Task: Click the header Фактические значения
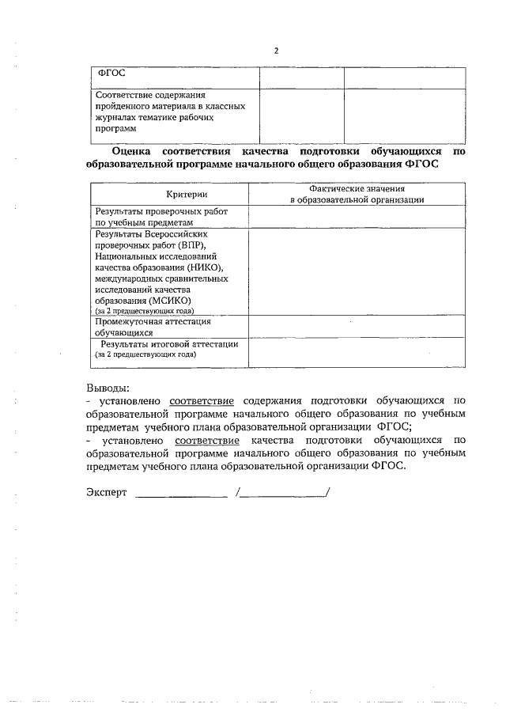(357, 189)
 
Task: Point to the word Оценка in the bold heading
(131, 150)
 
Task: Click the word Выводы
(107, 388)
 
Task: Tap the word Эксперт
(106, 492)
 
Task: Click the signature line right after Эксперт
(181, 494)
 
